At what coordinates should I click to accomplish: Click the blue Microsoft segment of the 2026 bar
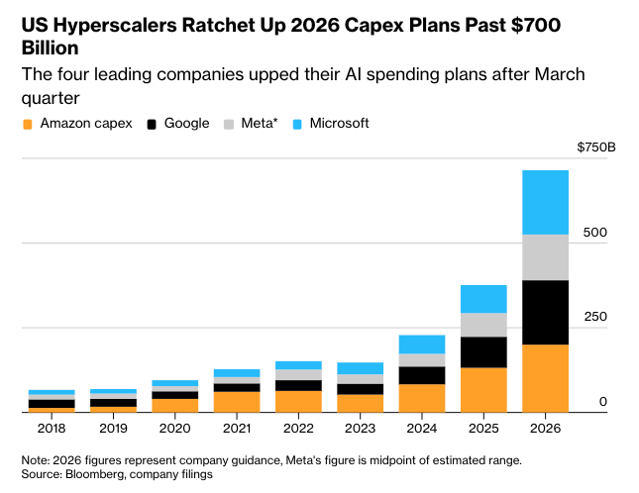(546, 202)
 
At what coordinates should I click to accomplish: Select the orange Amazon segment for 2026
(546, 377)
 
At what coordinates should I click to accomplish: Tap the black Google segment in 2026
(546, 312)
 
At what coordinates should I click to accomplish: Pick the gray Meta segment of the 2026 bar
(546, 257)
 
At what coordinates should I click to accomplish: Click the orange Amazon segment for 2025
(484, 389)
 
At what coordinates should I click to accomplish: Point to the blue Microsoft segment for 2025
(484, 299)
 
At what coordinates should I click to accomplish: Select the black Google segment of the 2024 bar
(423, 375)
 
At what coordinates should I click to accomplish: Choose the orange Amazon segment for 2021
(238, 401)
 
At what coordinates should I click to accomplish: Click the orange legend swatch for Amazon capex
(28, 125)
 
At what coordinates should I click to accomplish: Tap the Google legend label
(186, 124)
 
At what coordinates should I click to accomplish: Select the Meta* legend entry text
(260, 124)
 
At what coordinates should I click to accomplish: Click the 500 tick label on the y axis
(594, 233)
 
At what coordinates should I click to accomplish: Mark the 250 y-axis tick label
(594, 317)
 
